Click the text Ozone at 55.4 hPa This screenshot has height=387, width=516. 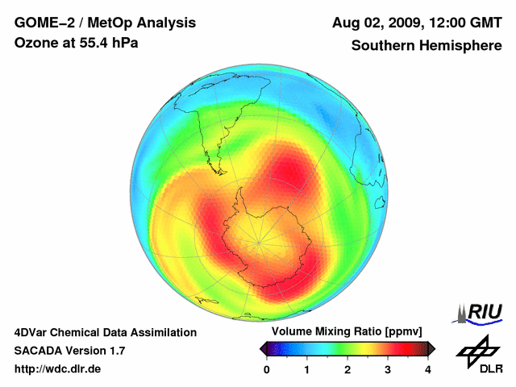tap(76, 42)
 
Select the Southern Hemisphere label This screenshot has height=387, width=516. tap(426, 46)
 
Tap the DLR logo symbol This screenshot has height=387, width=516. tap(478, 349)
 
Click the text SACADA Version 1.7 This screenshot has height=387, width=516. tap(69, 351)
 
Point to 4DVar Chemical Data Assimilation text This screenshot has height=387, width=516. tap(105, 332)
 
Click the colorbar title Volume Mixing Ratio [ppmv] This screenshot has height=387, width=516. tap(347, 331)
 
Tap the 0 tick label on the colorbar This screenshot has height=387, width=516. tap(267, 369)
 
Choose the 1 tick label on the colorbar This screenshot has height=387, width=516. tap(307, 369)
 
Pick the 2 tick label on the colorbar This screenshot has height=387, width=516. tap(347, 369)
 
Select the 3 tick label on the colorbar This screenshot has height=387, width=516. tap(388, 369)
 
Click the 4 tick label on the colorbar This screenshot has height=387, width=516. tap(428, 369)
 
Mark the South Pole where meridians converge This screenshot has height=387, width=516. tap(259, 241)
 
